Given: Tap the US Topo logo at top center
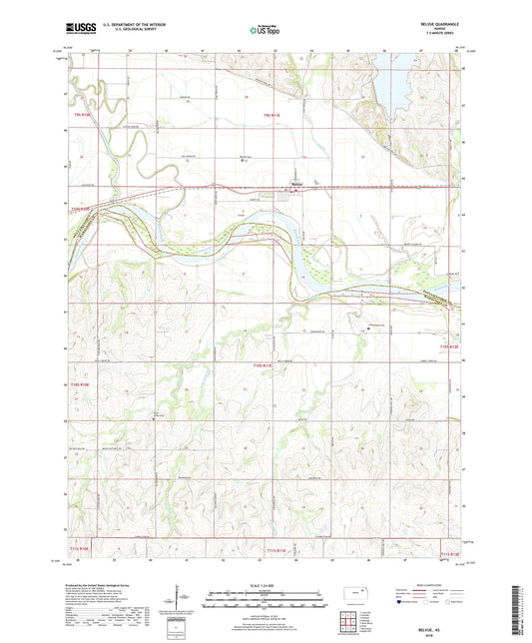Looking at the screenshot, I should click(262, 31).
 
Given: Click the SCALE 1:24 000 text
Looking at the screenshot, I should click(266, 584).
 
